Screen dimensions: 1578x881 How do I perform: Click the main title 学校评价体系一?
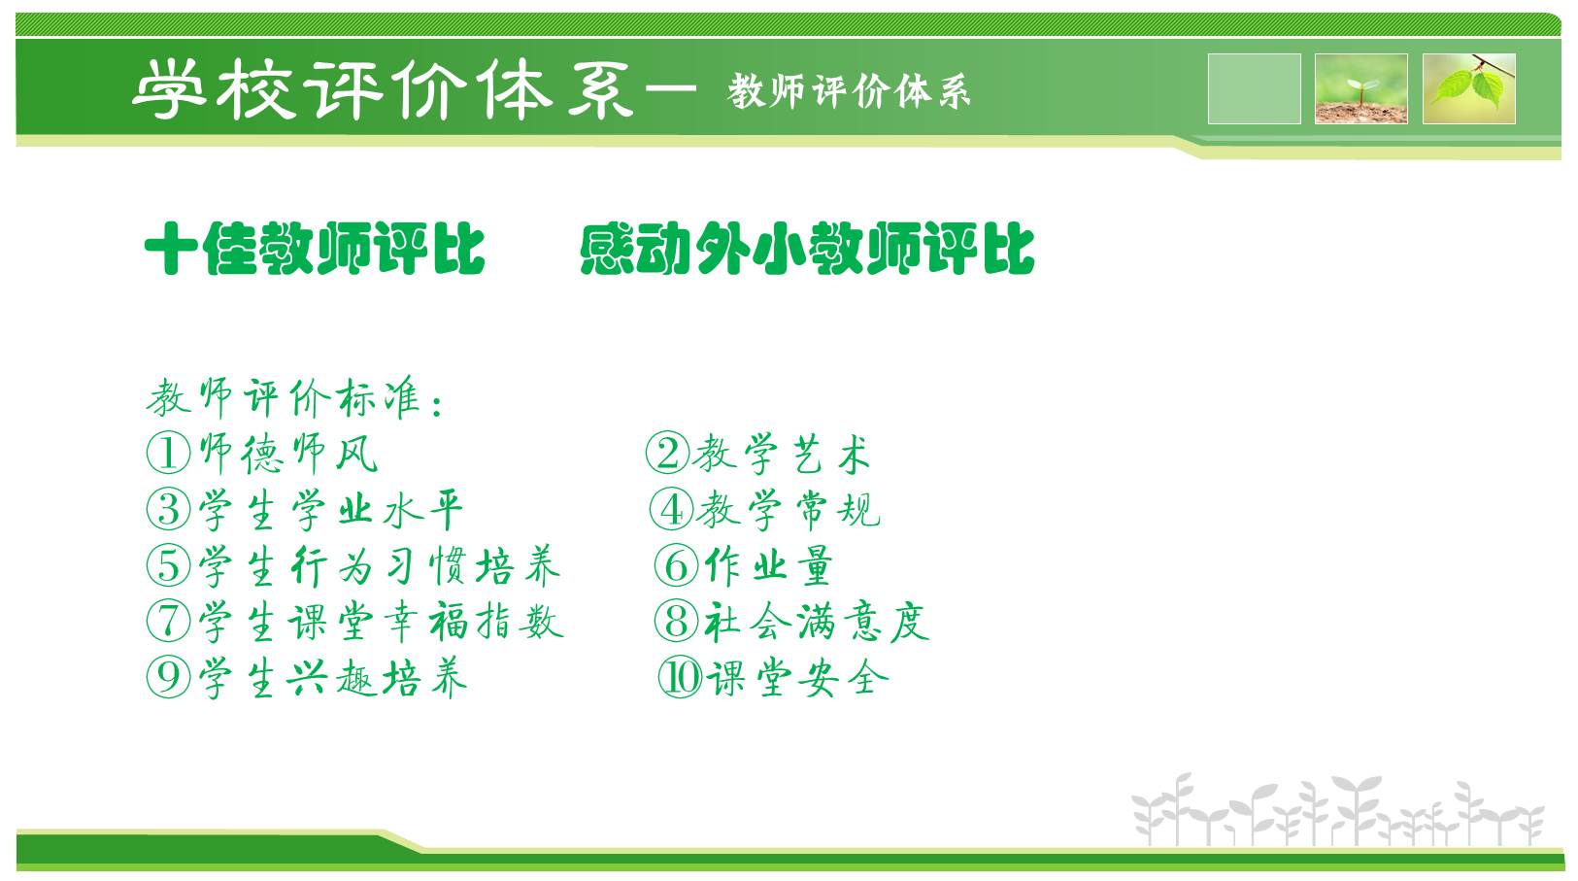pyautogui.click(x=415, y=89)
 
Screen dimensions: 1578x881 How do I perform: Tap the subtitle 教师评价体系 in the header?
pyautogui.click(x=850, y=91)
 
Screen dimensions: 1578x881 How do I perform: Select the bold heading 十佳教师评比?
pyautogui.click(x=315, y=248)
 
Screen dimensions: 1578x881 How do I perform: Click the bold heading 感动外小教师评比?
pyautogui.click(x=807, y=248)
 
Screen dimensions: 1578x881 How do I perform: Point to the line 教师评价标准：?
pyautogui.click(x=294, y=398)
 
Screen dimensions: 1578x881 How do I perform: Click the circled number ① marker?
pyautogui.click(x=168, y=453)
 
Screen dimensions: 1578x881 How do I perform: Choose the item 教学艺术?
pyautogui.click(x=782, y=454)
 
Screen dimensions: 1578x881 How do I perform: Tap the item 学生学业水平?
pyautogui.click(x=330, y=510)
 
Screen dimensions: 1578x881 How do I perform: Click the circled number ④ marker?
pyautogui.click(x=671, y=509)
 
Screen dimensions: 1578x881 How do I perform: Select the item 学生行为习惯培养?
pyautogui.click(x=379, y=566)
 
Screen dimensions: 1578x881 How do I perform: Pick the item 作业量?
pyautogui.click(x=768, y=565)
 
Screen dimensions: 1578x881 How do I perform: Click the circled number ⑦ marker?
pyautogui.click(x=168, y=621)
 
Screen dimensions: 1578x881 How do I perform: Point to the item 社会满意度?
pyautogui.click(x=817, y=622)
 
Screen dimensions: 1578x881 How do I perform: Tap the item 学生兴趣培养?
pyautogui.click(x=332, y=678)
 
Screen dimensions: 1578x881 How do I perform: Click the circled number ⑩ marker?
pyautogui.click(x=680, y=677)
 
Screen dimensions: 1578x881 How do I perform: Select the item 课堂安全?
pyautogui.click(x=797, y=678)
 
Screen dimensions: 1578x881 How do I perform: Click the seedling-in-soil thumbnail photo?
pyautogui.click(x=1361, y=88)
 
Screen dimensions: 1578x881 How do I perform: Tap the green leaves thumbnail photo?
pyautogui.click(x=1469, y=88)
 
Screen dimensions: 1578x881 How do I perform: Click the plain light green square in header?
pyautogui.click(x=1254, y=88)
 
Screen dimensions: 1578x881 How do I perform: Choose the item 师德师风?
pyautogui.click(x=288, y=454)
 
